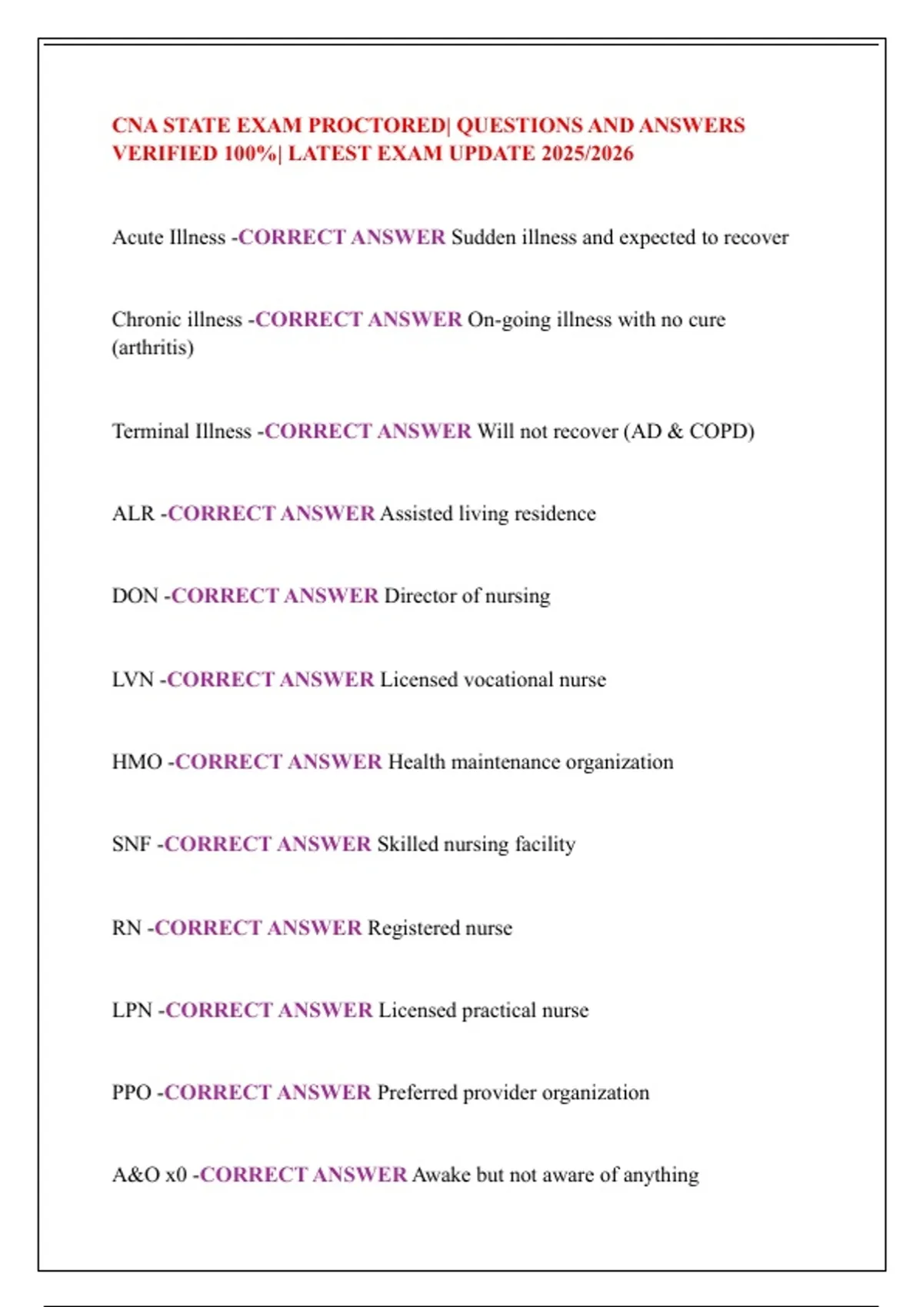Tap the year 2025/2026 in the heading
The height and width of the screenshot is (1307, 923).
pos(587,154)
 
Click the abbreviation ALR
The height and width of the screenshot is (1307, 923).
pos(133,514)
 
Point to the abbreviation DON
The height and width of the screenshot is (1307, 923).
pos(135,596)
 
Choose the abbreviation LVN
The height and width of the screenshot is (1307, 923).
pos(133,680)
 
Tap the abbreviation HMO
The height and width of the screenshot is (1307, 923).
pos(137,762)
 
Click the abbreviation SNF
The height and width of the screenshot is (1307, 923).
pos(132,844)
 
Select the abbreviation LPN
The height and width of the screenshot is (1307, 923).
pos(132,1010)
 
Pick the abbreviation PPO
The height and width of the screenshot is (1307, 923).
pos(132,1092)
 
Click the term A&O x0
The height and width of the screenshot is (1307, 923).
pos(149,1175)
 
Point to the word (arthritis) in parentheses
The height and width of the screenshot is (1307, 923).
pos(152,348)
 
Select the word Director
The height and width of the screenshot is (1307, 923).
pos(419,596)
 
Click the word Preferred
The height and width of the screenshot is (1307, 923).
pos(420,1092)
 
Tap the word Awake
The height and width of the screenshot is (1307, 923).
pos(442,1175)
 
